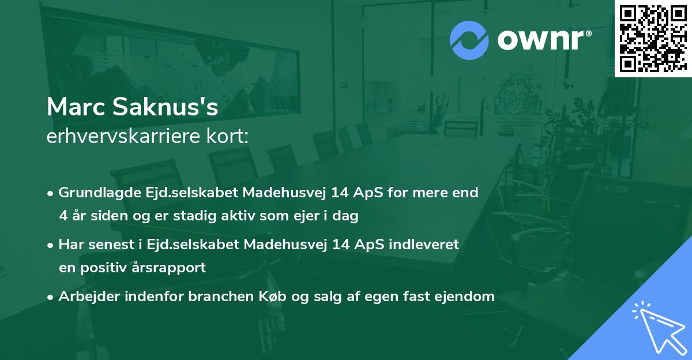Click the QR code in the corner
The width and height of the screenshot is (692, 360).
pyautogui.click(x=653, y=38)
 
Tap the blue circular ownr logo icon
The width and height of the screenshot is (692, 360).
pyautogui.click(x=469, y=40)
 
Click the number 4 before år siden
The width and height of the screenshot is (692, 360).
pyautogui.click(x=63, y=216)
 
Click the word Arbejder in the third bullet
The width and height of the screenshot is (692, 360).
pyautogui.click(x=86, y=297)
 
